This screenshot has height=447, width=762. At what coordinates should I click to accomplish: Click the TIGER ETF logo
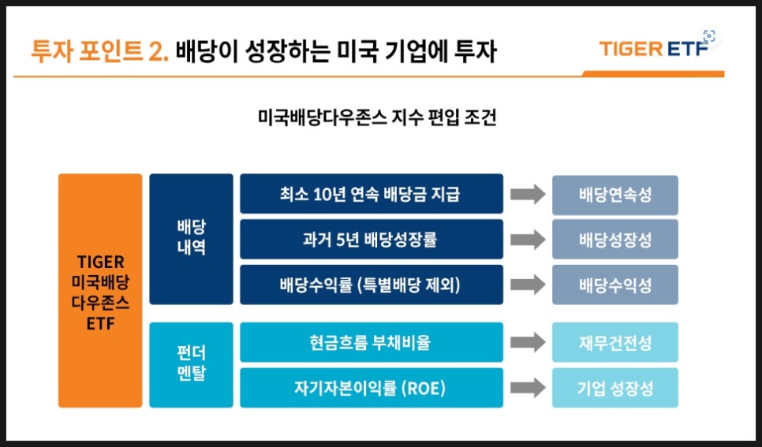click(x=654, y=49)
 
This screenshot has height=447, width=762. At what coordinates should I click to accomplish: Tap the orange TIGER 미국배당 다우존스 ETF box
click(x=100, y=291)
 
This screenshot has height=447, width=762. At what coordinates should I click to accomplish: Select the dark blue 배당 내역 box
click(x=191, y=239)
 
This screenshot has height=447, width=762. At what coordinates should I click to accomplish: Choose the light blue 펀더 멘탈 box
click(x=191, y=365)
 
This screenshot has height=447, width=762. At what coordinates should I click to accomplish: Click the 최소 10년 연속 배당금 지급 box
click(x=372, y=194)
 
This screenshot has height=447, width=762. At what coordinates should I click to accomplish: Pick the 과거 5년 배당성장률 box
click(x=372, y=239)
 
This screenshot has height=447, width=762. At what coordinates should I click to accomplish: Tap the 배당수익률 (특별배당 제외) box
click(x=372, y=285)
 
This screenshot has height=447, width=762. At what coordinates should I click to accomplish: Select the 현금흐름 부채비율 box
click(x=372, y=342)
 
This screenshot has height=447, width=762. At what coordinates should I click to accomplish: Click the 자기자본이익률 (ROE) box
click(x=372, y=388)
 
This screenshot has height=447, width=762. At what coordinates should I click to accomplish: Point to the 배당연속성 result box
click(x=614, y=195)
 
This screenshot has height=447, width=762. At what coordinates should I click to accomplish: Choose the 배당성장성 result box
click(x=614, y=240)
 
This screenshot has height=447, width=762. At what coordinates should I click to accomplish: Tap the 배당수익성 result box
click(x=614, y=285)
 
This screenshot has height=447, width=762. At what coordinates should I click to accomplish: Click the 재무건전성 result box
click(x=614, y=342)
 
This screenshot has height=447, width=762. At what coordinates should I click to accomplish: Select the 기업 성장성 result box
click(x=614, y=388)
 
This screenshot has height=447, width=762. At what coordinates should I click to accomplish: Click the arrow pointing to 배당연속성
click(x=528, y=194)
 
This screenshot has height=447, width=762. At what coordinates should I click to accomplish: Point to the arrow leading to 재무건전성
click(x=528, y=342)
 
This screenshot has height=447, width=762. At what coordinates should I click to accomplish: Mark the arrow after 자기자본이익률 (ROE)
click(x=528, y=388)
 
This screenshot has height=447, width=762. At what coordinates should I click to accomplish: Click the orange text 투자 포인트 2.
click(x=99, y=51)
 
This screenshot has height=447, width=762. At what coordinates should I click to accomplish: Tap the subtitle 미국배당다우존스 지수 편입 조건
click(x=377, y=117)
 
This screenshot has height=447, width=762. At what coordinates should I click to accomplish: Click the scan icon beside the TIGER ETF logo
click(x=709, y=36)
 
